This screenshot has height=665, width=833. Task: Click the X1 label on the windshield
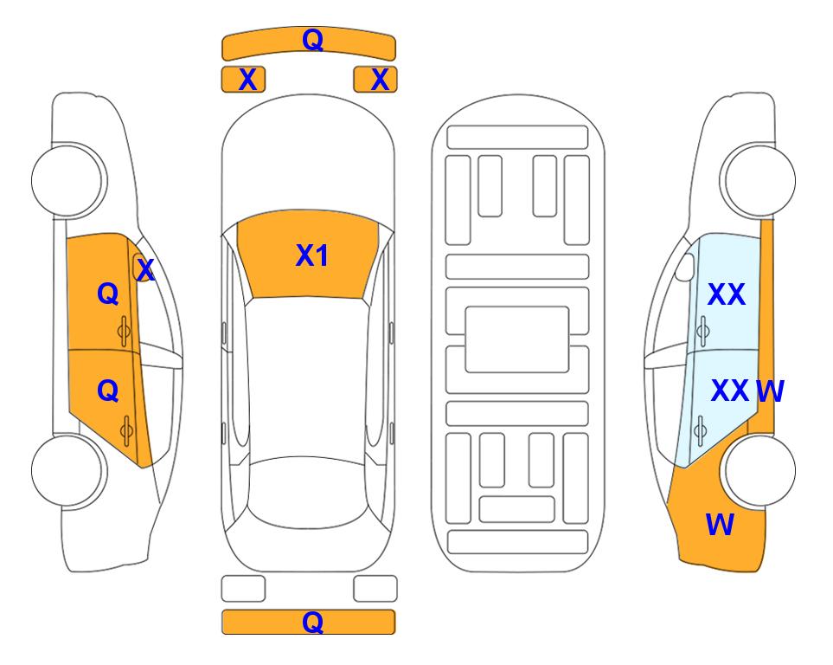tap(312, 255)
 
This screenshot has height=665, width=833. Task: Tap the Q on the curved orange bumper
tap(312, 39)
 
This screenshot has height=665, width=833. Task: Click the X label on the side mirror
tap(145, 269)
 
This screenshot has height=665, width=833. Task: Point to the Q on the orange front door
tap(108, 294)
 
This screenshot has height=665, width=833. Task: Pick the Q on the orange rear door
tap(108, 391)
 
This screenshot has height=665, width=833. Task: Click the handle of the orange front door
tap(124, 331)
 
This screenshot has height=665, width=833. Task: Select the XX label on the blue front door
tap(727, 294)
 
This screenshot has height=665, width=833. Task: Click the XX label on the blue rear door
tap(730, 391)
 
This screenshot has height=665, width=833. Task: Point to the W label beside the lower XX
tap(770, 391)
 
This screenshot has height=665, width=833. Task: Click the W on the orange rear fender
tap(720, 525)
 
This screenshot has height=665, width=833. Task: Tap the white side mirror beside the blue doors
tap(684, 268)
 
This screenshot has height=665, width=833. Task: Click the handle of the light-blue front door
tap(703, 331)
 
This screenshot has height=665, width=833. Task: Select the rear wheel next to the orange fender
tap(758, 470)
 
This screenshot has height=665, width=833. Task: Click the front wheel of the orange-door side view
tap(69, 180)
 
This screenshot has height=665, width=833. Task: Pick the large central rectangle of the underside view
tap(517, 339)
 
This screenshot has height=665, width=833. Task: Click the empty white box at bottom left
tap(243, 589)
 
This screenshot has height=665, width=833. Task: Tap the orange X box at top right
tap(375, 80)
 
